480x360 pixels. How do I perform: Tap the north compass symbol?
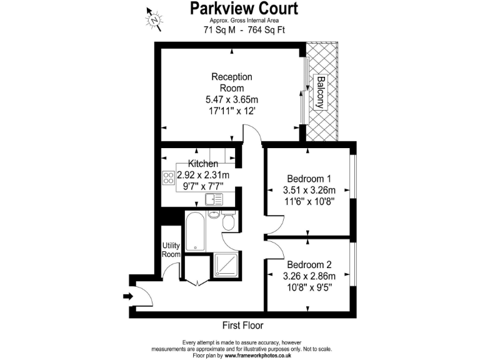154,19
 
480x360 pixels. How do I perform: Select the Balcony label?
320,93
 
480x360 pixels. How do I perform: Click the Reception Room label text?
232,82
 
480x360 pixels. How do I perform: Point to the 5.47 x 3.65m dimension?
232,99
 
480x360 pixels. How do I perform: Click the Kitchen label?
203,164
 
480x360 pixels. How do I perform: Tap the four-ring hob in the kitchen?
168,177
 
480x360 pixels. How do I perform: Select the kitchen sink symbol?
213,199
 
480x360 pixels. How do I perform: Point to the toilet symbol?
228,222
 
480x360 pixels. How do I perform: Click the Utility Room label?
171,250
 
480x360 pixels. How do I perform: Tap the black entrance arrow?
128,296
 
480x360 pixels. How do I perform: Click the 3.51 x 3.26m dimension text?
309,190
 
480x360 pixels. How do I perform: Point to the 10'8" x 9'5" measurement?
309,288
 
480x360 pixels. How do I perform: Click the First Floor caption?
243,326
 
